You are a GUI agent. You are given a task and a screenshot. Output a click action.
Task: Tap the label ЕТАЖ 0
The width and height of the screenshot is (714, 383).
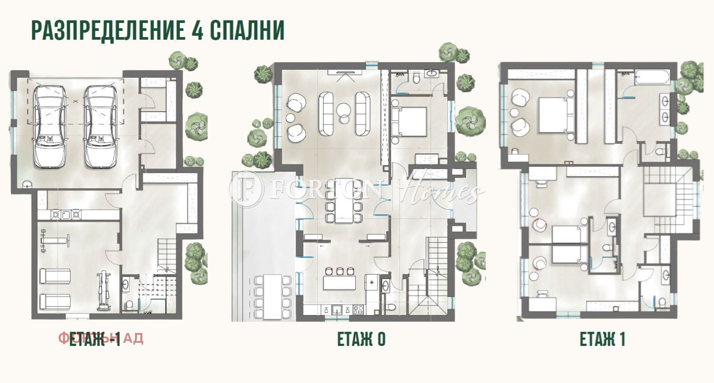pyautogui.click(x=361, y=340)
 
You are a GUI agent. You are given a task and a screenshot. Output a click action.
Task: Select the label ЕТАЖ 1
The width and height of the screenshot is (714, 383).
pyautogui.click(x=602, y=340)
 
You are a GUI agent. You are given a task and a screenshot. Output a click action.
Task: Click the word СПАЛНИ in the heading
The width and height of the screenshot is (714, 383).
pyautogui.click(x=247, y=30)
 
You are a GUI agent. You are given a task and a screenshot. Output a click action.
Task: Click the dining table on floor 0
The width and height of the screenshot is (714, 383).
pyautogui.click(x=343, y=200)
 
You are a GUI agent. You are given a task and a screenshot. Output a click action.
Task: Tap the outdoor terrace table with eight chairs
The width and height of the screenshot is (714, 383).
pyautogui.click(x=272, y=297)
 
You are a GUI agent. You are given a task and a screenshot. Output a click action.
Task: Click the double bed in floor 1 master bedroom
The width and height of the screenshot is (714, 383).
pyautogui.click(x=556, y=114)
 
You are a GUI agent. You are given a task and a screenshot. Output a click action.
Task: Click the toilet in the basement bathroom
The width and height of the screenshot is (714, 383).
pyautogui.click(x=129, y=305)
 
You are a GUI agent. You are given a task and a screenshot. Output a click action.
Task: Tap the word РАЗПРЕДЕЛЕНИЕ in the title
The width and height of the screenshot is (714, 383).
pyautogui.click(x=107, y=30)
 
